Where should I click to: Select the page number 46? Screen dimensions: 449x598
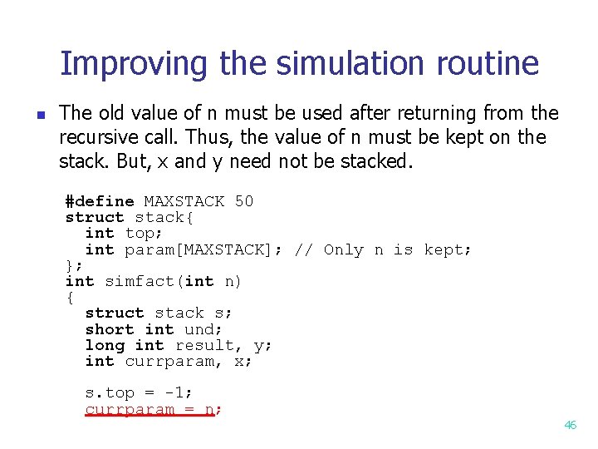point(570,425)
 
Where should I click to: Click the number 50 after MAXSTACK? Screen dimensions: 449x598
point(244,201)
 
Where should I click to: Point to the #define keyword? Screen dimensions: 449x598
point(100,201)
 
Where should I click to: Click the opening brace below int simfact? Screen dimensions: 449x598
point(70,297)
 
